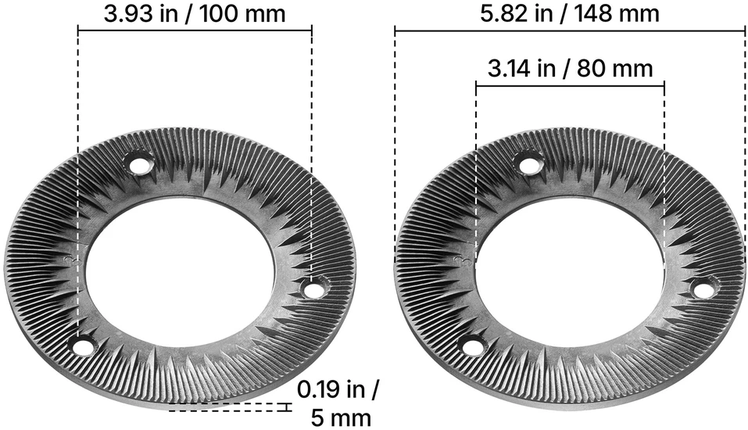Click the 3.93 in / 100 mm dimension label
[x=195, y=13]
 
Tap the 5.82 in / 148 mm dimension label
[x=570, y=13]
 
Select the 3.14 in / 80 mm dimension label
[x=570, y=69]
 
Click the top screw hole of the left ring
[x=139, y=166]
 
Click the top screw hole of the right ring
[x=528, y=166]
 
